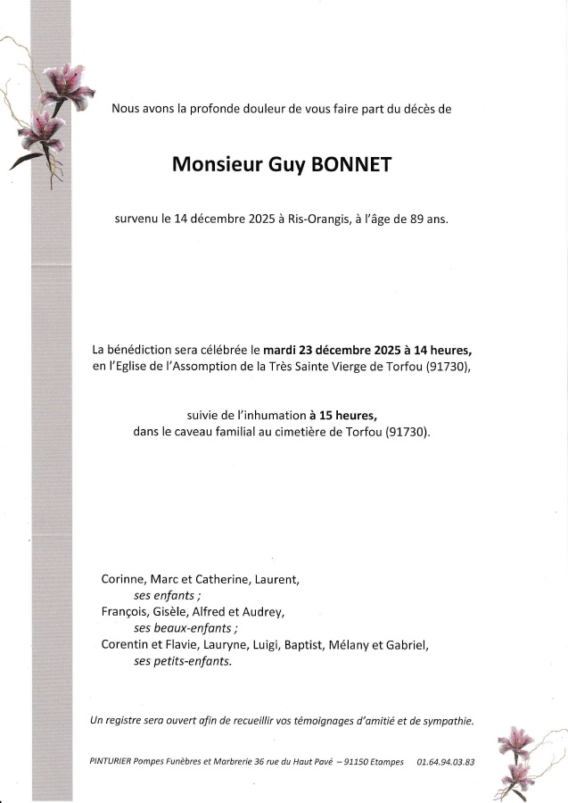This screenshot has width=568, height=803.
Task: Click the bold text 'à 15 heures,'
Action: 343,415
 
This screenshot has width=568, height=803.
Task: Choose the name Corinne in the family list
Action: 124,579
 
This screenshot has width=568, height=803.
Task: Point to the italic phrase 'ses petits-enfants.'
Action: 169,661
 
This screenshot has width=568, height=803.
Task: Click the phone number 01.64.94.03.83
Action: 445,762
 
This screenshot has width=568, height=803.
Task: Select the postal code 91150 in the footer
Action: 354,762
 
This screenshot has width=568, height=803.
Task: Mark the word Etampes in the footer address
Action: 385,762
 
